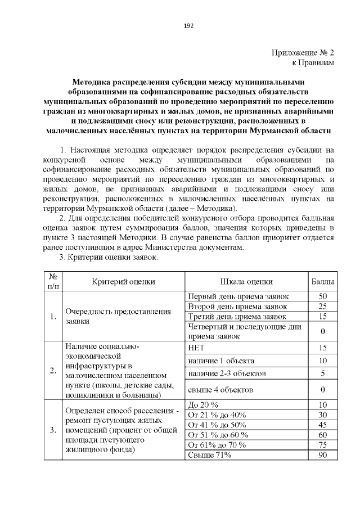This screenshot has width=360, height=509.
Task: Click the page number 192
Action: click(x=188, y=25)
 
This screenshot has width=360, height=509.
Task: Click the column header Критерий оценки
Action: click(x=123, y=281)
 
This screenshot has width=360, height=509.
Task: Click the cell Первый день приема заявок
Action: click(x=237, y=296)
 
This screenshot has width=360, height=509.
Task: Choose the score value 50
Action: click(x=323, y=296)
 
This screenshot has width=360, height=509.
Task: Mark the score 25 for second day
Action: click(x=323, y=307)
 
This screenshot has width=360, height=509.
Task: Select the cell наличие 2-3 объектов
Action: click(x=226, y=373)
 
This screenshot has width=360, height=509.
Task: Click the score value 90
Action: click(x=323, y=455)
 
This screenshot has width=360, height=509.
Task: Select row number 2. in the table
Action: click(x=52, y=370)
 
